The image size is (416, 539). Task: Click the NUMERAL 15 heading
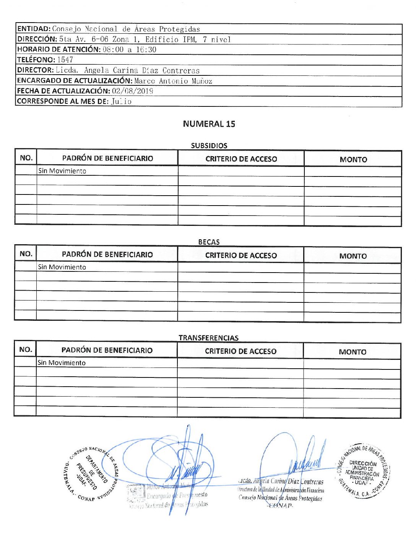coord(209,124)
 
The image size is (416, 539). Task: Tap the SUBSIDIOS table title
coord(209,145)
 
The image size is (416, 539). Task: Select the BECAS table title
coord(209,242)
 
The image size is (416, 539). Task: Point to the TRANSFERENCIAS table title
coord(208,338)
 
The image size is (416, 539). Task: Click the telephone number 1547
coord(65,60)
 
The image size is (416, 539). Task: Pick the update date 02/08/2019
coord(132,91)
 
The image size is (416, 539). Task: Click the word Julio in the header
coord(121,101)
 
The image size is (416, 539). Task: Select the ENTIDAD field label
coord(34,29)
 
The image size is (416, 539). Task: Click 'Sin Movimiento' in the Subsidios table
coord(62,171)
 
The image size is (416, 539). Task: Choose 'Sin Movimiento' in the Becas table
coord(62,267)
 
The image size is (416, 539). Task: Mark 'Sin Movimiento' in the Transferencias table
coord(62,363)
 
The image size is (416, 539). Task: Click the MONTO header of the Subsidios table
coord(353,159)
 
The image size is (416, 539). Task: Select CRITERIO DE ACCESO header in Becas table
coord(241,255)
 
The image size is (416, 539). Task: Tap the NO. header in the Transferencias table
coord(25,350)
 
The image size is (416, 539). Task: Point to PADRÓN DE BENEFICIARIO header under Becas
coord(107,255)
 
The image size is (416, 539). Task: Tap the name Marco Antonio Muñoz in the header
coord(173,81)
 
